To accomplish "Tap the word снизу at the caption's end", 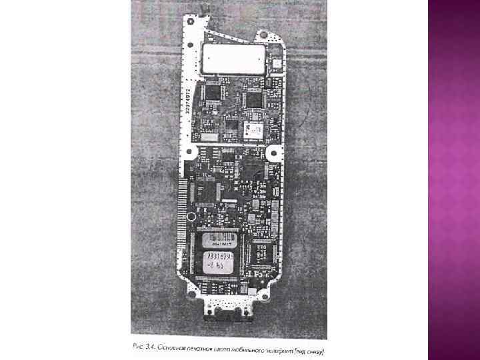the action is tap(314, 350).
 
